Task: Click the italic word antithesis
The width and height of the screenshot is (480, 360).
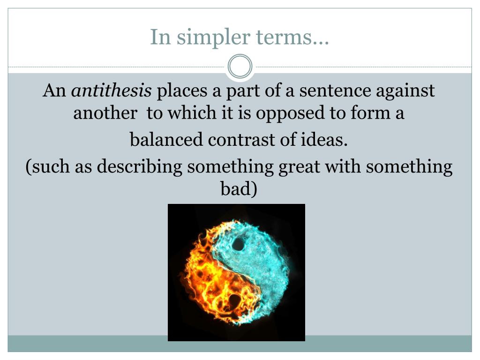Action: point(111,90)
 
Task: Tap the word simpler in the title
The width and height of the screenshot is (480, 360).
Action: point(206,37)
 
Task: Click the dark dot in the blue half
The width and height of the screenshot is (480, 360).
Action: point(239,245)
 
